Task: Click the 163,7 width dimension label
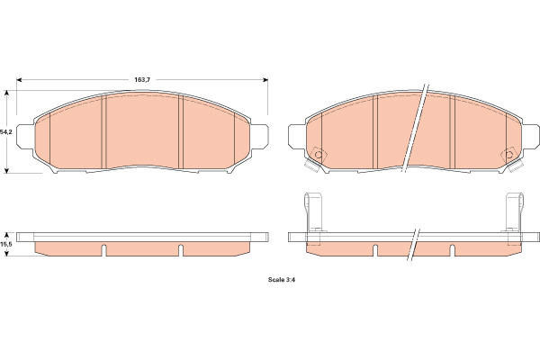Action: (142, 79)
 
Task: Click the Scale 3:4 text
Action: (282, 280)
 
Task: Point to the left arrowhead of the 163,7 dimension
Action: (19, 79)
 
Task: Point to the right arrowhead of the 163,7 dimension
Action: (265, 79)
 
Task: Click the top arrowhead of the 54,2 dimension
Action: (6, 93)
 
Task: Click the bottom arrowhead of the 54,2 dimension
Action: (6, 170)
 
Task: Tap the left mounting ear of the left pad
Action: (25, 137)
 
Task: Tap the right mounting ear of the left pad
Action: (259, 137)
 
